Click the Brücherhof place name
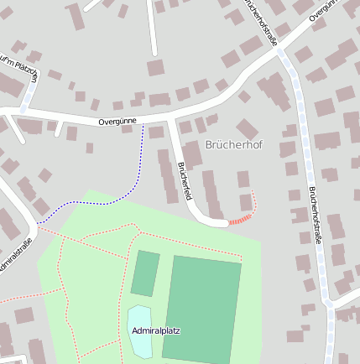tap(233, 145)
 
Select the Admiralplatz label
tap(155, 330)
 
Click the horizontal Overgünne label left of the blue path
tap(117, 122)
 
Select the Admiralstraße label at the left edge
tap(14, 256)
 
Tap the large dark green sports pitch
tap(205, 306)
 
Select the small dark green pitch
tap(145, 273)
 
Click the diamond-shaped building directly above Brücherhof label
tap(247, 128)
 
